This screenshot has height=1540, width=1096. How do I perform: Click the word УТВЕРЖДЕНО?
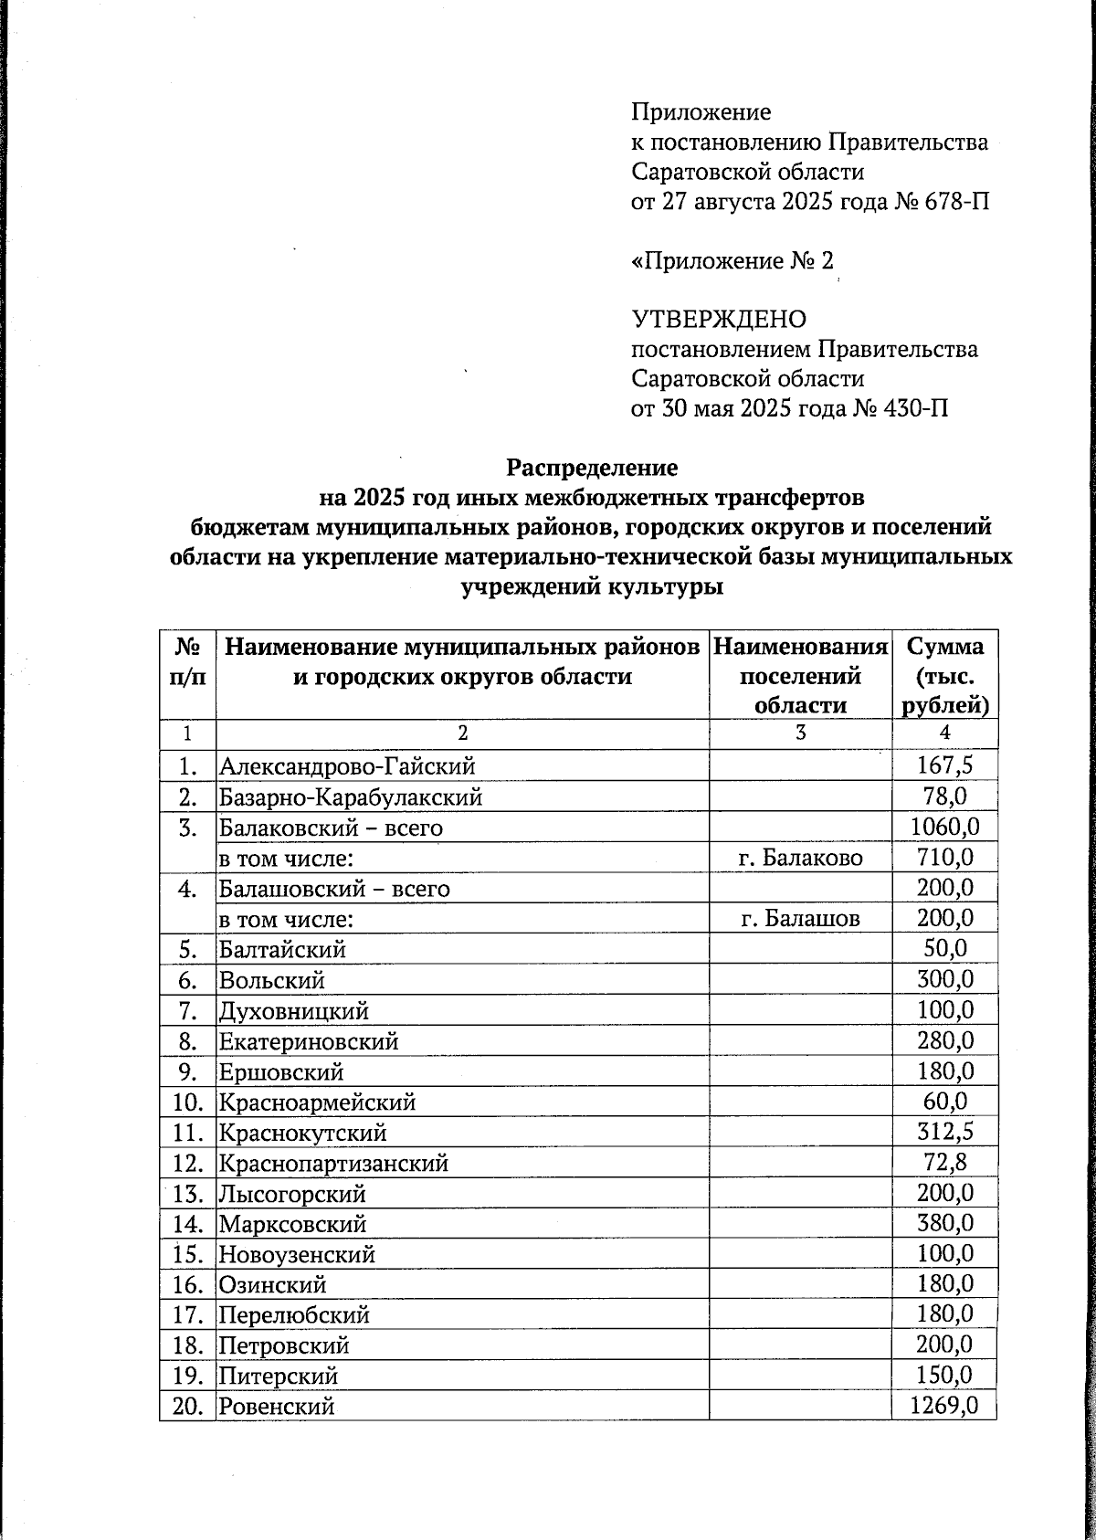coord(719,320)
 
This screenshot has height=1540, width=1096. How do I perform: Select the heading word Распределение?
coord(592,468)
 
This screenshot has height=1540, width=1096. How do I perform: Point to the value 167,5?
coord(944,766)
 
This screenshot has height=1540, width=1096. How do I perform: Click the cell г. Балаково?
coord(799,858)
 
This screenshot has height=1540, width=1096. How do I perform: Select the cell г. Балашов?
coord(799,919)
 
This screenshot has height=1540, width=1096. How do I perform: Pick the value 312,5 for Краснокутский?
coord(944,1133)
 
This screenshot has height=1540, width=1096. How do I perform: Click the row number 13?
coord(186,1194)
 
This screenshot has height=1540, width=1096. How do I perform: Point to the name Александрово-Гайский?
coord(346,767)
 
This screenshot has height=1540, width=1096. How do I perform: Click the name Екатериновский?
coord(308,1041)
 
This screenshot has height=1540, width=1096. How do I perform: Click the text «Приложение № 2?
coord(732,261)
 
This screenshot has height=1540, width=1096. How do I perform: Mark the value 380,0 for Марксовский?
coord(944,1223)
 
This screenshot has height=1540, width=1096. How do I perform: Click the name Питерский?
coord(278,1377)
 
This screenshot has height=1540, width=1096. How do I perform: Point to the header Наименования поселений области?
coord(799,675)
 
